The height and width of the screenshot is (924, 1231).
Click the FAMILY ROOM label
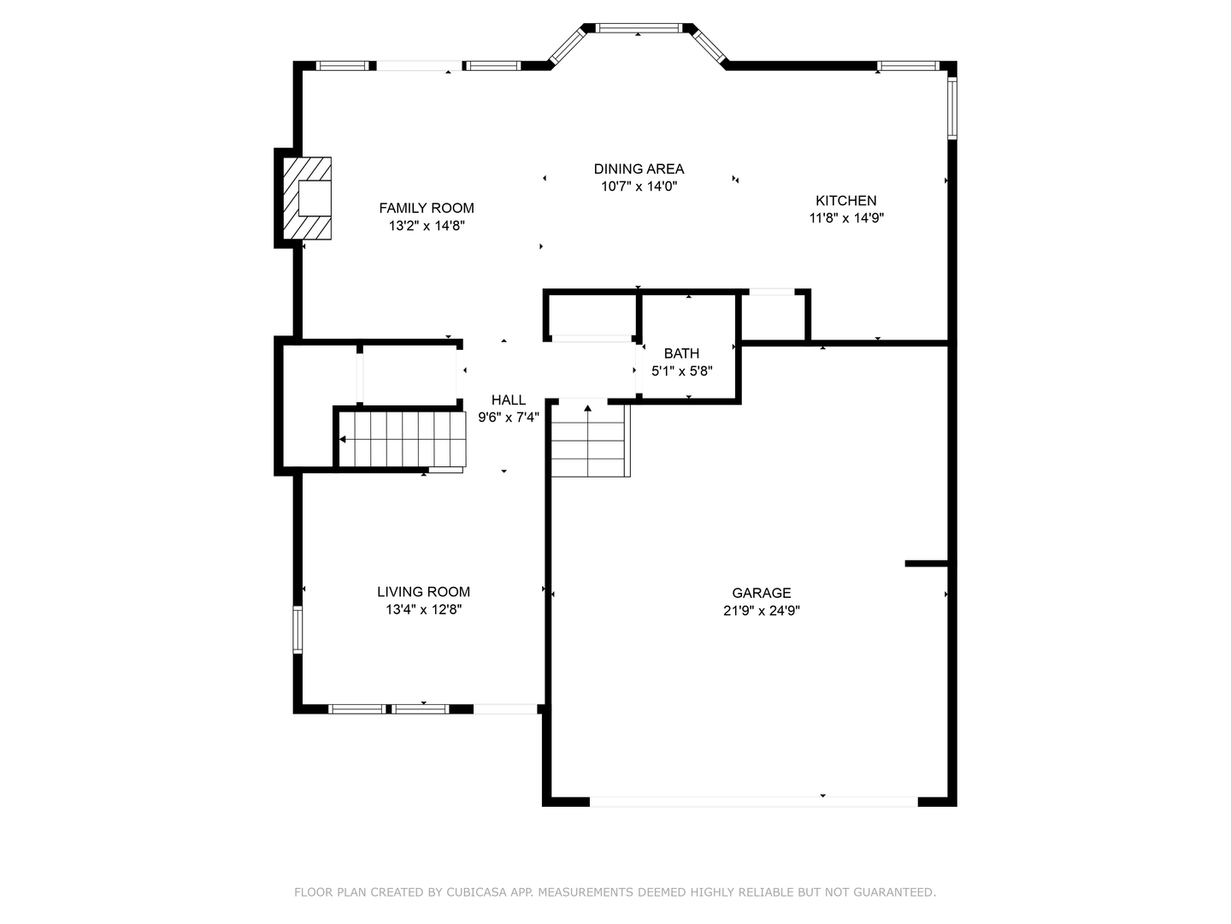point(426,208)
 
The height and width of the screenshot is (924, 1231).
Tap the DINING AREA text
point(639,169)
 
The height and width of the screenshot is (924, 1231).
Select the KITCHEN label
point(845,200)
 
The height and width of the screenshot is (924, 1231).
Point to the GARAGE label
point(761,593)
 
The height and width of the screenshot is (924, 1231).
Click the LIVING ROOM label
point(423,591)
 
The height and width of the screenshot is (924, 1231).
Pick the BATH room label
point(681,353)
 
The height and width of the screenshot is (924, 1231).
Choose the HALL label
point(508,400)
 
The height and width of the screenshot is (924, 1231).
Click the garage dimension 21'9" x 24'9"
point(761,611)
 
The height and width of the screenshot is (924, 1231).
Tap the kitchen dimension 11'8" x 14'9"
point(845,218)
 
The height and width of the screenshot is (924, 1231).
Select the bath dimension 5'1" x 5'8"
point(681,371)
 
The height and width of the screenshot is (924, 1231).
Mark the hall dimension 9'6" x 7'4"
point(508,418)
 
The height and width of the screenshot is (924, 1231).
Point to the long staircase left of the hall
point(403,439)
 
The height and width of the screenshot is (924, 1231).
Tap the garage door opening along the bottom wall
point(753,802)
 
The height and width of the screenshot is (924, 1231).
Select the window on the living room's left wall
point(297,630)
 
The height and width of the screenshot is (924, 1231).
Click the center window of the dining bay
point(639,28)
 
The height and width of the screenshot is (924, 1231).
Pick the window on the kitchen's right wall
point(951,108)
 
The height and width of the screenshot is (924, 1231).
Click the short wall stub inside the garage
point(927,563)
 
